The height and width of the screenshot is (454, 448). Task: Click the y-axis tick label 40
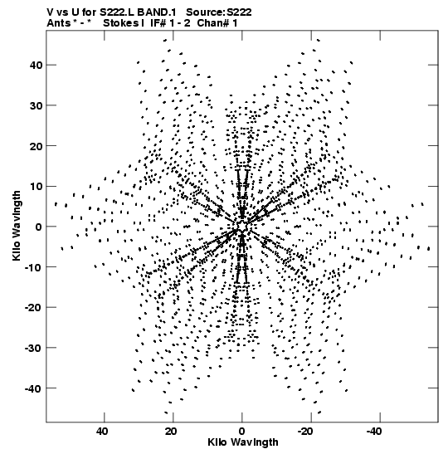click(36, 65)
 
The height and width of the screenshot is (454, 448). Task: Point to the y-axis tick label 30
click(36, 105)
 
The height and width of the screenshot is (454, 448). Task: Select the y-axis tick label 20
click(36, 146)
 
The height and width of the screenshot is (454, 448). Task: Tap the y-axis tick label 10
click(36, 186)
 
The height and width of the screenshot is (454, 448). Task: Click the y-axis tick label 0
click(39, 227)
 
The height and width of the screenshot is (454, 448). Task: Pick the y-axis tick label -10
click(33, 267)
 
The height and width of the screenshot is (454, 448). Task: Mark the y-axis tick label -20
click(33, 307)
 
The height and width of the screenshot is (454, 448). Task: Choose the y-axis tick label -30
click(33, 348)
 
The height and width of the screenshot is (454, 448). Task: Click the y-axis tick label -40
click(33, 388)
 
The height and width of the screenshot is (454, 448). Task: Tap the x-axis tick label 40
click(102, 432)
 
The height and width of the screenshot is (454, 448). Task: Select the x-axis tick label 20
click(171, 432)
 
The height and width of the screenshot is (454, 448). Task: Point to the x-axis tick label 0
click(241, 432)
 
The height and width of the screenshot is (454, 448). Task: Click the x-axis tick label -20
click(306, 432)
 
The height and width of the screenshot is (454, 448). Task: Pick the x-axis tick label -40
click(375, 432)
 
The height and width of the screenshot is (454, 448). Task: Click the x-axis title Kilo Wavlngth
click(243, 442)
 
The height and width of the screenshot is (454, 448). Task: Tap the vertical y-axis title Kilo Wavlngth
click(17, 226)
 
